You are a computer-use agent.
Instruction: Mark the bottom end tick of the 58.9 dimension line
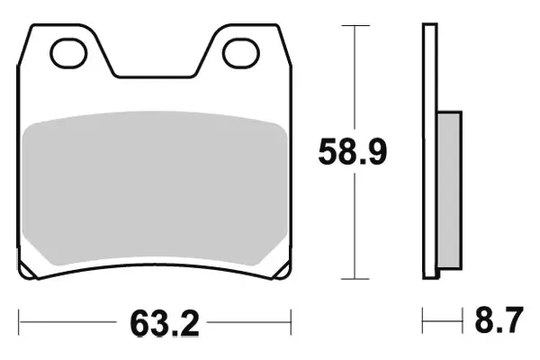tap(357, 278)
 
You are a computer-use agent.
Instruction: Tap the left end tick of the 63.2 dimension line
tap(20, 319)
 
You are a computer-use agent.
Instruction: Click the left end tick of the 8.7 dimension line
tap(424, 319)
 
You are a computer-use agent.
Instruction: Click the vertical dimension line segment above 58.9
tap(357, 81)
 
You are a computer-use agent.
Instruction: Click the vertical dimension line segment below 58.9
tap(357, 225)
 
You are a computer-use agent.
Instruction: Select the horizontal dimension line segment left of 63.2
tap(67, 319)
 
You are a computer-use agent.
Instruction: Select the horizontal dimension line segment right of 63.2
tap(247, 319)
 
